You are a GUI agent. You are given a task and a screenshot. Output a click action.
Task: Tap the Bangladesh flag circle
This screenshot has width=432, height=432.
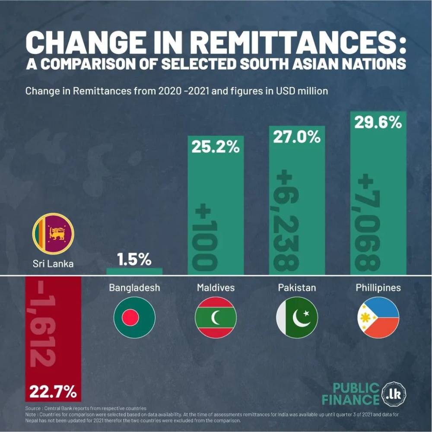point(134,317)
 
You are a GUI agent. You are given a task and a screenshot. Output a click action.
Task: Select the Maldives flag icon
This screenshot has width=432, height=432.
point(216,317)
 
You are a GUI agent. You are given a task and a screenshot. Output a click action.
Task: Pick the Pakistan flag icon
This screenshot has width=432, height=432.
point(297,317)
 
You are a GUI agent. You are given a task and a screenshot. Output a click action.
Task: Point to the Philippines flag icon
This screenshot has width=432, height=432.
point(378,317)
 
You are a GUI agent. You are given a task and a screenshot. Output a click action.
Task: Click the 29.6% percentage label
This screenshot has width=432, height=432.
point(378,123)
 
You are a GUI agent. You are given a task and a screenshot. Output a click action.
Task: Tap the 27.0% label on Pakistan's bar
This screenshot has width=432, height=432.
point(297,137)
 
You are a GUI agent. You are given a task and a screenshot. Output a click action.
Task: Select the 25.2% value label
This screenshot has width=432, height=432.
point(216,147)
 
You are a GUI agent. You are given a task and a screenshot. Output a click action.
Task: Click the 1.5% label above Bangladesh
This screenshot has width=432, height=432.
point(134,260)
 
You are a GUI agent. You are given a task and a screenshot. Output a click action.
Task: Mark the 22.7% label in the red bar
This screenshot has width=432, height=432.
point(53,393)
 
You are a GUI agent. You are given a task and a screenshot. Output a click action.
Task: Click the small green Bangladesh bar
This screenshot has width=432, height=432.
point(134,271)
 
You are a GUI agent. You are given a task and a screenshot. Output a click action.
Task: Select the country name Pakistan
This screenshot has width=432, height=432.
point(297,287)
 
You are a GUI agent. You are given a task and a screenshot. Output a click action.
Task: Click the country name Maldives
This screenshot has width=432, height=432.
point(216,287)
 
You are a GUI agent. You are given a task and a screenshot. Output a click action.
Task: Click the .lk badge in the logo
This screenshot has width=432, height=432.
point(394,394)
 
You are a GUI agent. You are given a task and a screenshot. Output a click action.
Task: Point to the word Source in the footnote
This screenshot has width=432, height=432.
point(33,408)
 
